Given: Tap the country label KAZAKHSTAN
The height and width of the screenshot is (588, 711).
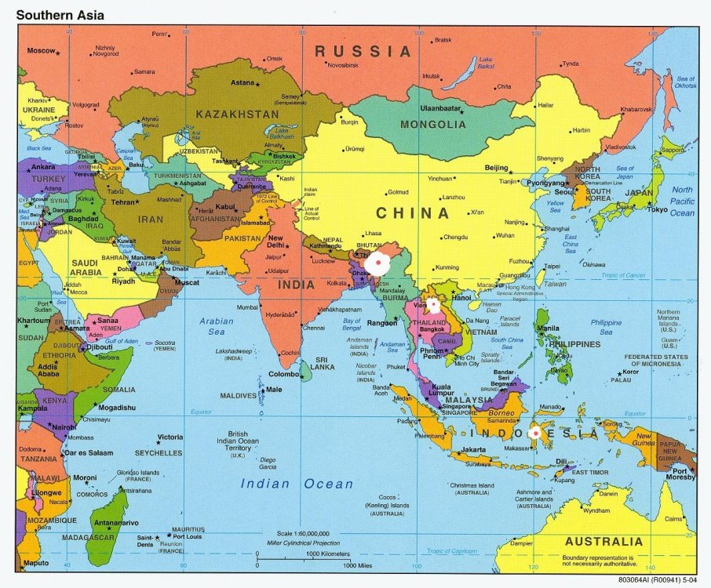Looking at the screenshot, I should click(237, 114).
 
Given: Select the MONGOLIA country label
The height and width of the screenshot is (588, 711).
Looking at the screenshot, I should click(432, 125).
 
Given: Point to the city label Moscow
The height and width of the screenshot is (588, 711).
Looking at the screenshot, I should click(41, 51).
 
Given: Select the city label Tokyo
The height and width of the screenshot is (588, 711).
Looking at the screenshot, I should click(657, 209).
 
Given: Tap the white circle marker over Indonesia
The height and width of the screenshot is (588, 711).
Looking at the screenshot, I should click(535, 432).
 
